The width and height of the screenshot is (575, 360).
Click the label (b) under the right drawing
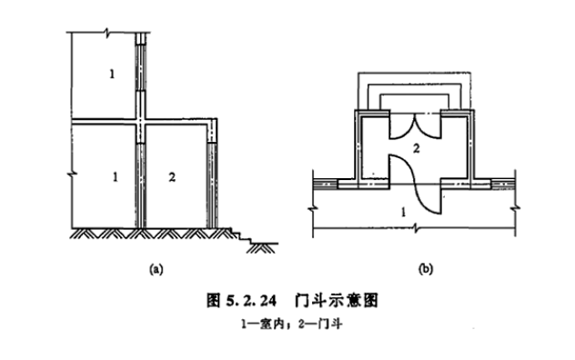coord(423,268)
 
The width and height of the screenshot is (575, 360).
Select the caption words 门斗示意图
coord(332,297)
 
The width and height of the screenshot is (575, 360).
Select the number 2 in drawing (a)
coord(172,175)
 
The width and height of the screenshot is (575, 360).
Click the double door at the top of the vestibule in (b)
coord(414,125)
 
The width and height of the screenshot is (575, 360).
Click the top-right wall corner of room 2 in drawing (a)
coord(215,120)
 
